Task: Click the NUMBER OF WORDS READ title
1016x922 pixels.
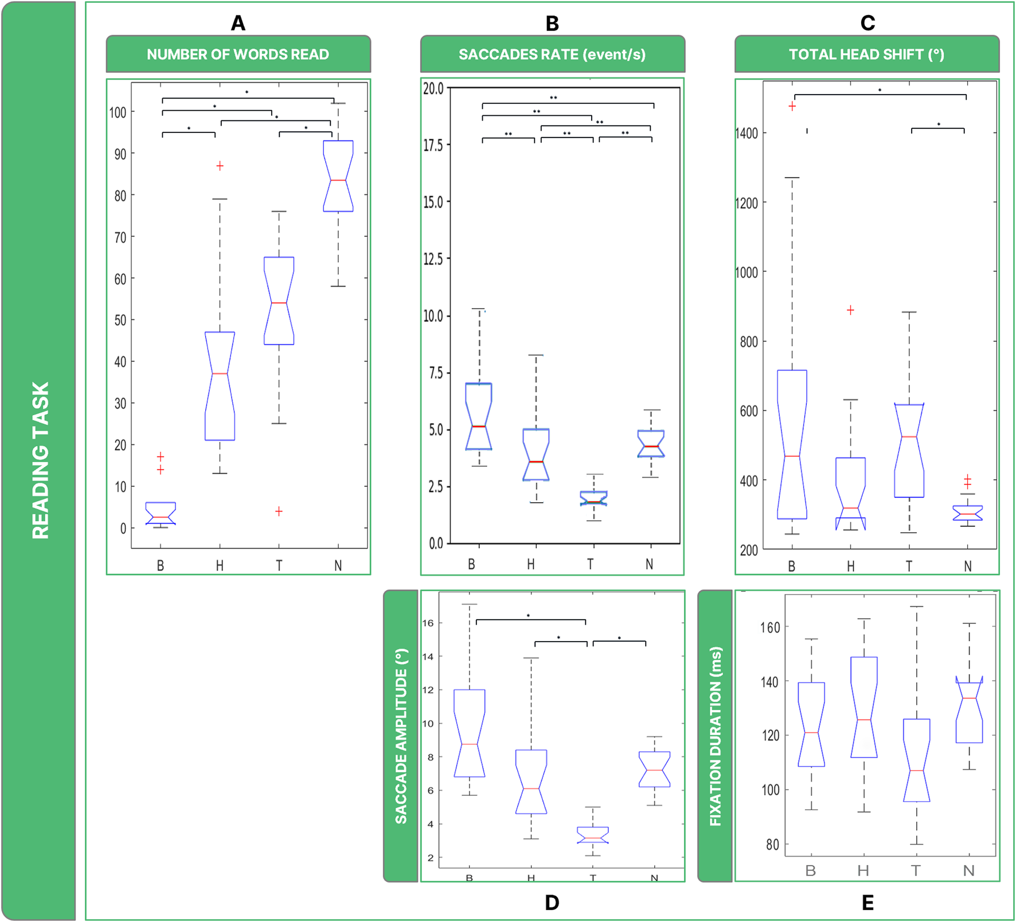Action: tap(238, 54)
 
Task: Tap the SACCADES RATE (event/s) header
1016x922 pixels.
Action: tap(552, 54)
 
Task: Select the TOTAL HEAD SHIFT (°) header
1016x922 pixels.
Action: tap(866, 54)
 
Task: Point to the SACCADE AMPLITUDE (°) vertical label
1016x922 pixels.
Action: tap(401, 736)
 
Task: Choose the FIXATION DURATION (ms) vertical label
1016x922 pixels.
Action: tap(715, 736)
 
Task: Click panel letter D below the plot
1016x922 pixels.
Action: tap(552, 903)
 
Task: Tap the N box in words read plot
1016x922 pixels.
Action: tap(338, 175)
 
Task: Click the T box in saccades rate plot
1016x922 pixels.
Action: tap(593, 498)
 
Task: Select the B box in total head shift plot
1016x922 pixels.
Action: tap(792, 444)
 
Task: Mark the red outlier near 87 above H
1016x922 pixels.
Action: tap(220, 166)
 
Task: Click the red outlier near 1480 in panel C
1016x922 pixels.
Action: tap(792, 106)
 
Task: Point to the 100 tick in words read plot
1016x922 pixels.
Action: tap(118, 112)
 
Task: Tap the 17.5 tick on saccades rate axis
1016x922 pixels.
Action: tap(433, 145)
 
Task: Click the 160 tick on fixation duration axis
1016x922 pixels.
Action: tap(770, 627)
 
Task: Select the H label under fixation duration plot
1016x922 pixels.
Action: tap(863, 871)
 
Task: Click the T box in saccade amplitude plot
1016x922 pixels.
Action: tap(593, 834)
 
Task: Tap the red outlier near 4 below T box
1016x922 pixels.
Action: tap(279, 511)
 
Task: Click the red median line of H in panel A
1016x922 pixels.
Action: tap(220, 373)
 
